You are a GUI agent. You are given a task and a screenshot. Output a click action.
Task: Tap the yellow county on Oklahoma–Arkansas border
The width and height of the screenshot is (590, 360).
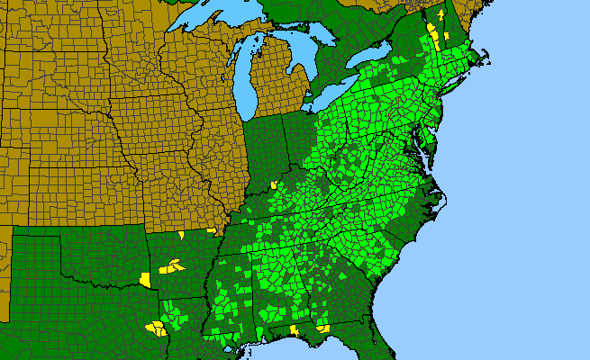point(145,278)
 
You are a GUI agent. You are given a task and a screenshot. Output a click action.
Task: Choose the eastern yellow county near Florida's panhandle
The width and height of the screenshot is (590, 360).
point(322,328)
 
